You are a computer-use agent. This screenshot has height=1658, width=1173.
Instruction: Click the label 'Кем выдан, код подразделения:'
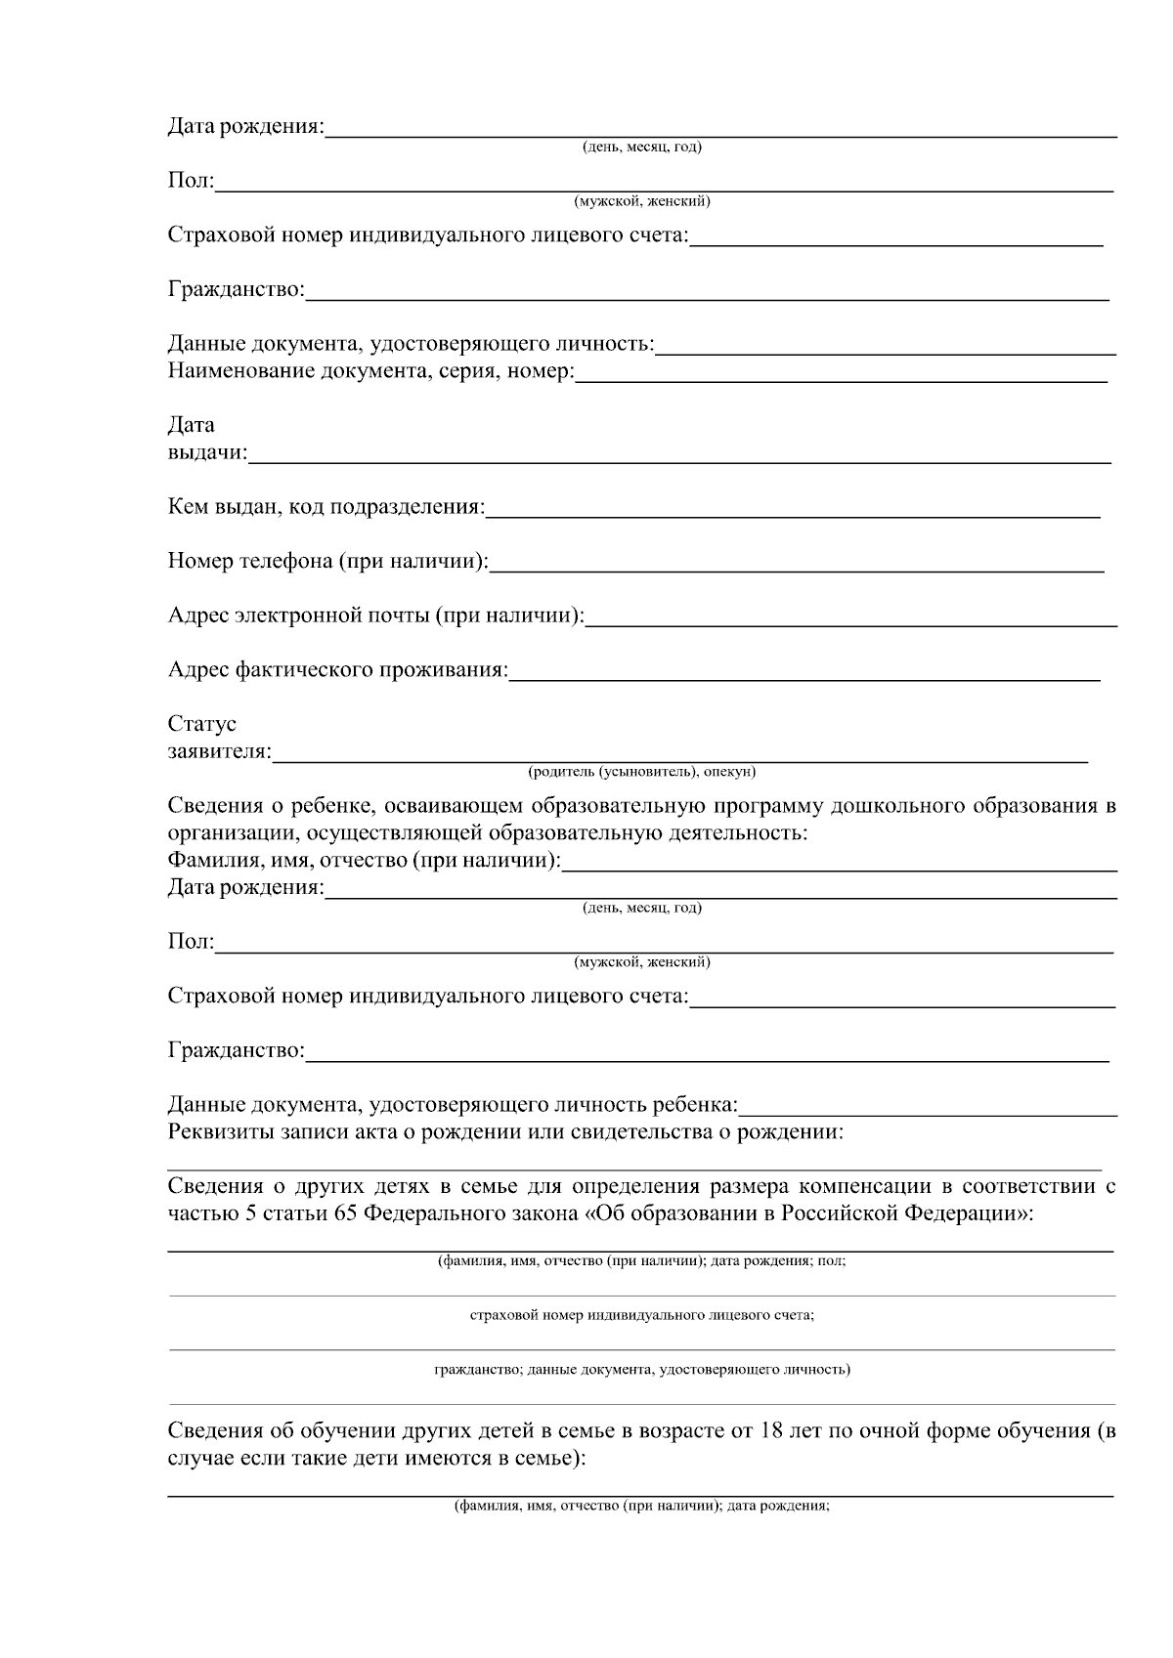click(x=326, y=508)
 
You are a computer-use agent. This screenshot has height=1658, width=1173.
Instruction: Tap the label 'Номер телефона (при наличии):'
click(x=328, y=562)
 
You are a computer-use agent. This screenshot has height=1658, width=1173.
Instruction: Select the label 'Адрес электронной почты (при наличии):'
click(x=376, y=616)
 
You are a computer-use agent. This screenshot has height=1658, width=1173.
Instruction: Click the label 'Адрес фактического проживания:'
click(x=338, y=670)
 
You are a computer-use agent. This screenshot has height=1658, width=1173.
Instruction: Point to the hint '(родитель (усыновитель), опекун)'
click(x=642, y=773)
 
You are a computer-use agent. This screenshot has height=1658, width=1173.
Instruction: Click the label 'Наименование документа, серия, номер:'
click(x=371, y=372)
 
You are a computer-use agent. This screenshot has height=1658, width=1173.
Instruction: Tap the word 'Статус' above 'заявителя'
click(x=202, y=725)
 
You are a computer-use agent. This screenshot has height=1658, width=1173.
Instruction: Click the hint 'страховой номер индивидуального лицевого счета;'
click(x=642, y=1315)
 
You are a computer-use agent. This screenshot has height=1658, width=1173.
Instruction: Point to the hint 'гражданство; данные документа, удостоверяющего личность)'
click(x=642, y=1370)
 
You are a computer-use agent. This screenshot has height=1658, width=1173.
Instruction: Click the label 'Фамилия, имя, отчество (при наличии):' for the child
click(x=365, y=862)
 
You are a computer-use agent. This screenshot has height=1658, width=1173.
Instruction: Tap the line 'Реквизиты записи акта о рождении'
click(x=505, y=1133)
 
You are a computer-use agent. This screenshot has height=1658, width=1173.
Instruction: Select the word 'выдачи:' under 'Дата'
click(x=207, y=453)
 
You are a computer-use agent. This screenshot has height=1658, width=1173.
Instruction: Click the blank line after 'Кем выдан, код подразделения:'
click(x=793, y=512)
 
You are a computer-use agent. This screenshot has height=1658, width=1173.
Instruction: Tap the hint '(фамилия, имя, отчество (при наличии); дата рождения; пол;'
click(x=642, y=1261)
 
